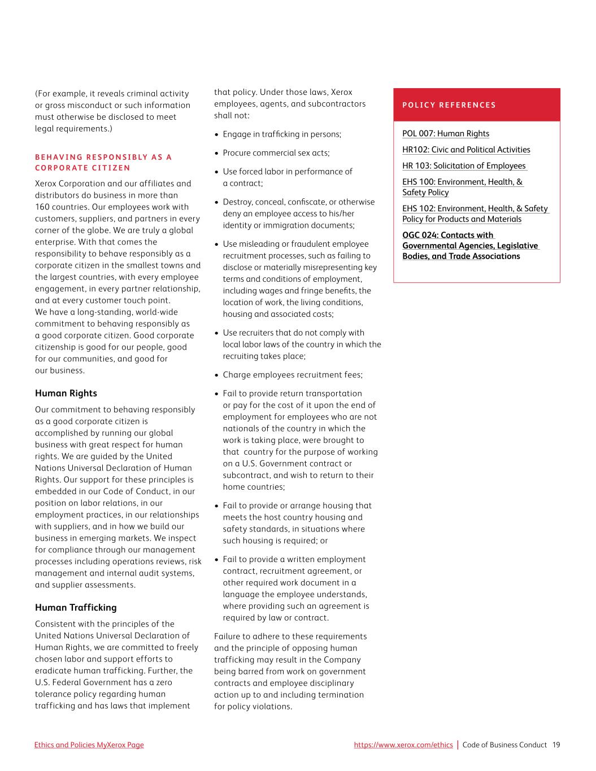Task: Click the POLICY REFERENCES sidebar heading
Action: [x=449, y=105]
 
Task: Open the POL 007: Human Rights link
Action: [x=446, y=134]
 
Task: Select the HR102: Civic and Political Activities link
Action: [x=466, y=150]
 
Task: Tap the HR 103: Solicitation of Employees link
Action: [x=464, y=166]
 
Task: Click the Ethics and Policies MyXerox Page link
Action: [x=89, y=745]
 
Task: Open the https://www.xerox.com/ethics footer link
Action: [x=403, y=745]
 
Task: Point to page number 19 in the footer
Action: [x=556, y=745]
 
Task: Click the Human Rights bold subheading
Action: [x=66, y=394]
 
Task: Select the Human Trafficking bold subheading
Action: [x=76, y=608]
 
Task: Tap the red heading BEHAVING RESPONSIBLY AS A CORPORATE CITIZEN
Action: [x=103, y=163]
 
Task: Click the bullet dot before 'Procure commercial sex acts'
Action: [x=217, y=153]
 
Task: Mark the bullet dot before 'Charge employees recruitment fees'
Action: [x=217, y=375]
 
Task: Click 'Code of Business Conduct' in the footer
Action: [x=504, y=745]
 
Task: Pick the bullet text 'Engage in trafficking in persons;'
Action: [x=282, y=134]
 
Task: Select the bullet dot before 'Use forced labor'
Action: [x=217, y=172]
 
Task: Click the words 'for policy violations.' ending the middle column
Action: [x=253, y=707]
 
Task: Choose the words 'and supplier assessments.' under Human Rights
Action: [x=85, y=585]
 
